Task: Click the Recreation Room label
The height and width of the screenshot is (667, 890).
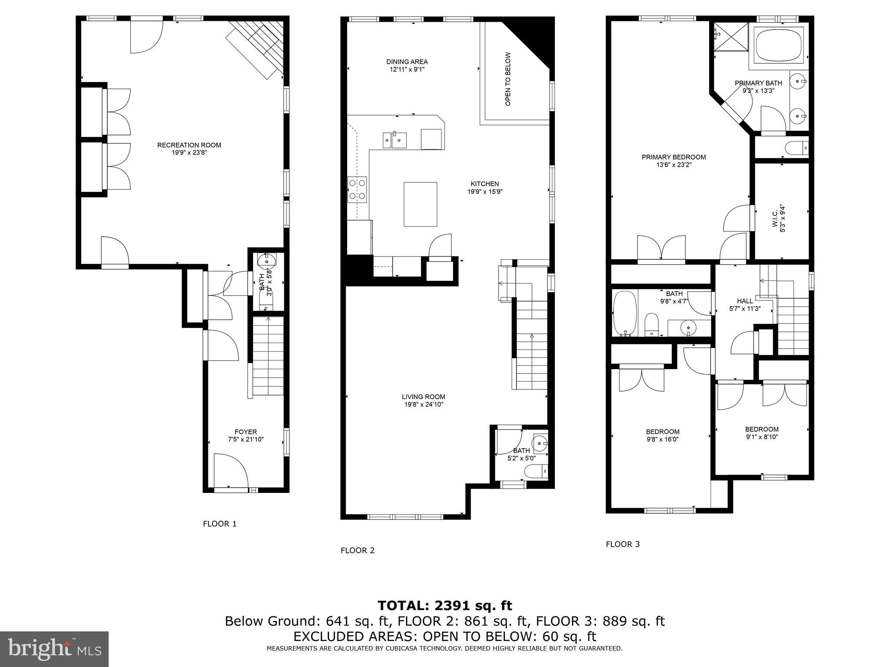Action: pos(189,145)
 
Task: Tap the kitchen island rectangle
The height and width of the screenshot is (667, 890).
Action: pos(420,204)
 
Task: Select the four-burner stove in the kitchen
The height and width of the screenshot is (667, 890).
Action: pos(357,190)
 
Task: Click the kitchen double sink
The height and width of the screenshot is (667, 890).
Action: pos(394,140)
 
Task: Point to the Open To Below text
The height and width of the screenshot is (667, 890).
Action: pos(508,79)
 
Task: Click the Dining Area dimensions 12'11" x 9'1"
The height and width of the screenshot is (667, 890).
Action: pos(407,69)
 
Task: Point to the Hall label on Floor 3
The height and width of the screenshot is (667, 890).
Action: pos(745,301)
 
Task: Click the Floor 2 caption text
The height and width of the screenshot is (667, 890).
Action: pos(357,551)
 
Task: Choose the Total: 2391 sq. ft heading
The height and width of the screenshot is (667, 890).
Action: pos(445,605)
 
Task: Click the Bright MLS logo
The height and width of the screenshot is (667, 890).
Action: pos(54,649)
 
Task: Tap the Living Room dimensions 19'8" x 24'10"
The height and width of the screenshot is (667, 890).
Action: pos(423,405)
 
